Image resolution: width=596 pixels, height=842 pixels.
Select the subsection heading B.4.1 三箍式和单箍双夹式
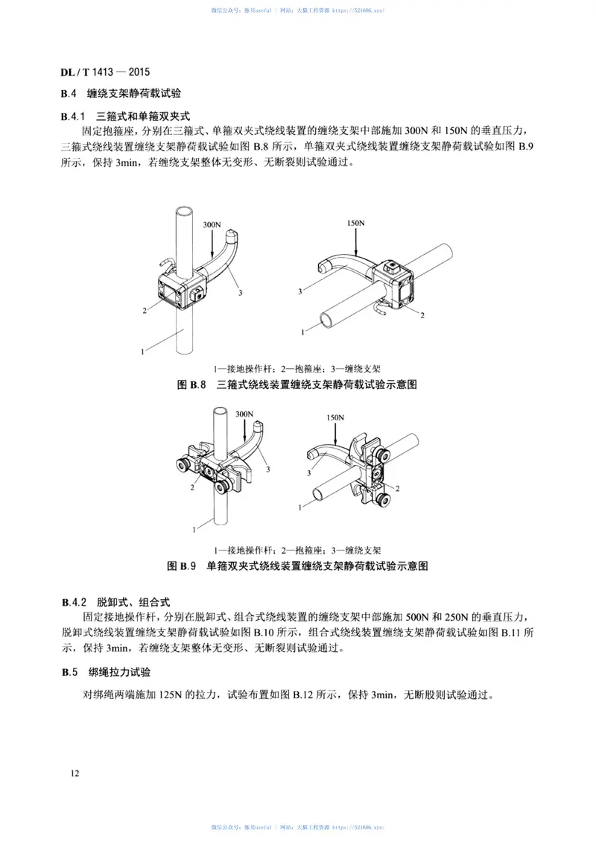tap(127, 116)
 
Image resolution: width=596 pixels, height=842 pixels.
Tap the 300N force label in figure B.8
tap(212, 224)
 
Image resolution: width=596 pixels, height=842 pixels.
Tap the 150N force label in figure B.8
tap(356, 223)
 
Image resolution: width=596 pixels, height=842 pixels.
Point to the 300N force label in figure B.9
tap(244, 414)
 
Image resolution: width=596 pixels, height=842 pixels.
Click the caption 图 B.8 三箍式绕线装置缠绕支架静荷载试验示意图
tap(297, 385)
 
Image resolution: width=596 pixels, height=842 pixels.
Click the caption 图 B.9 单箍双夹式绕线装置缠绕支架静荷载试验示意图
tap(297, 566)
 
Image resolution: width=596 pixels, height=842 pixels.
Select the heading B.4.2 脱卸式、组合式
tap(117, 601)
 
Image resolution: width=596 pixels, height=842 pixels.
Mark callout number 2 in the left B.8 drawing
tap(144, 309)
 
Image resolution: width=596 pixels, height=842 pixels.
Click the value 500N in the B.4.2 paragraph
tap(416, 617)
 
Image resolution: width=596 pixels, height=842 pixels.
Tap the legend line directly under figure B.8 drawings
tap(297, 368)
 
